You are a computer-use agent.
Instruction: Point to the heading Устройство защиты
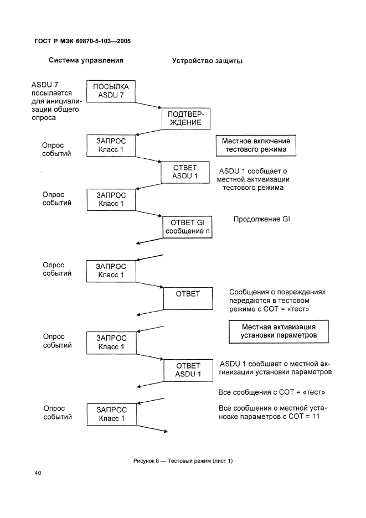tap(208, 60)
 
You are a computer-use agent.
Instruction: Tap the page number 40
tap(39, 473)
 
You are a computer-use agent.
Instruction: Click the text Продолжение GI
tap(262, 219)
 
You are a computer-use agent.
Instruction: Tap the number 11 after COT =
tap(316, 416)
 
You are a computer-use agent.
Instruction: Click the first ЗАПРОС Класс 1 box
tap(111, 146)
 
